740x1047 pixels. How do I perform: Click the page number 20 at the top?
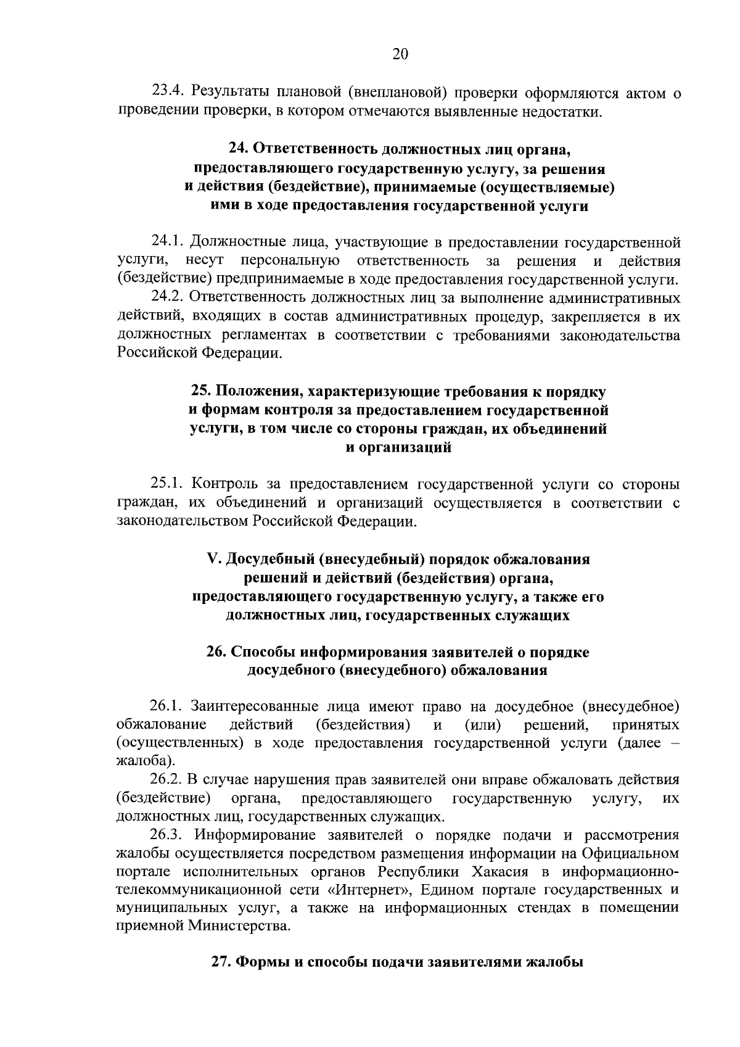[x=400, y=54]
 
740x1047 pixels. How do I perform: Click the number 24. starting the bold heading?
[x=238, y=150]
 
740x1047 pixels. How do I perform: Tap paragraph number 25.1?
[x=168, y=484]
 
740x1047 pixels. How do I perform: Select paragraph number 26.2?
[x=168, y=780]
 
